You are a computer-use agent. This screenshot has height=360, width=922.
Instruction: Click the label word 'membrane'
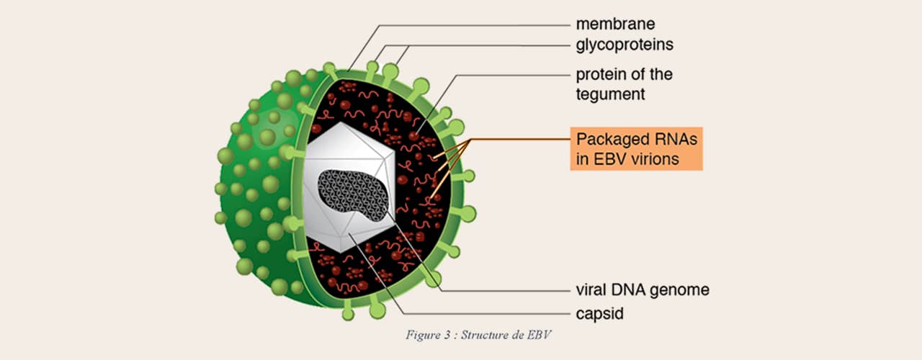[615, 24]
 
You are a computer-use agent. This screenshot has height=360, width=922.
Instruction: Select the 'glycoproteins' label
[625, 45]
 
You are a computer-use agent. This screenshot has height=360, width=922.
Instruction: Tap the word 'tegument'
[610, 94]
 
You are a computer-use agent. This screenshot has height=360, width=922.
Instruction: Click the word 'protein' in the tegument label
[599, 75]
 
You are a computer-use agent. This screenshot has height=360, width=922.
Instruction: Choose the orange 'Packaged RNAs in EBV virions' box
[636, 148]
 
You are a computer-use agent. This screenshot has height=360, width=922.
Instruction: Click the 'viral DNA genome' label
[643, 290]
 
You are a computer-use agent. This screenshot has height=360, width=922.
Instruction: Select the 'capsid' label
[600, 314]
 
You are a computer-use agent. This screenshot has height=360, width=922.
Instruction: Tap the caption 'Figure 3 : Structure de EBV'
[478, 335]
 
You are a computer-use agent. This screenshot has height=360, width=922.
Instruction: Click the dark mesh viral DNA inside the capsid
[352, 194]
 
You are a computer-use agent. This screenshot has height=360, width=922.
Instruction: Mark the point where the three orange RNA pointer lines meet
[470, 140]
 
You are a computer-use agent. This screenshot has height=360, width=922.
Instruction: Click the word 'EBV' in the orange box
[609, 159]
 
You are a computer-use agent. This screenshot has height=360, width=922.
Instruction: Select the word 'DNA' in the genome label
[629, 290]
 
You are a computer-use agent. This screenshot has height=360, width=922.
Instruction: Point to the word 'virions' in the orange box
[655, 159]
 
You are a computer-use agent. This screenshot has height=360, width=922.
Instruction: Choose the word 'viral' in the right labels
[591, 290]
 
